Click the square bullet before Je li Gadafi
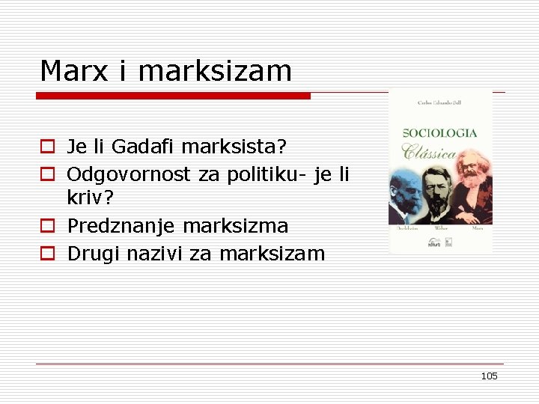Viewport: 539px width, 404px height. click(x=47, y=145)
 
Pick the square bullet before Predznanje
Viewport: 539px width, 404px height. click(x=47, y=226)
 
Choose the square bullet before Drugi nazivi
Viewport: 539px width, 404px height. click(x=47, y=254)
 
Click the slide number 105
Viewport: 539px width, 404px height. click(x=489, y=376)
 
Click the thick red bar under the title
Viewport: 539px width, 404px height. click(x=173, y=96)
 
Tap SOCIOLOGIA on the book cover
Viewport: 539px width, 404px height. click(x=440, y=132)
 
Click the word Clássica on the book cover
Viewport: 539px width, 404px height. click(x=430, y=153)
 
